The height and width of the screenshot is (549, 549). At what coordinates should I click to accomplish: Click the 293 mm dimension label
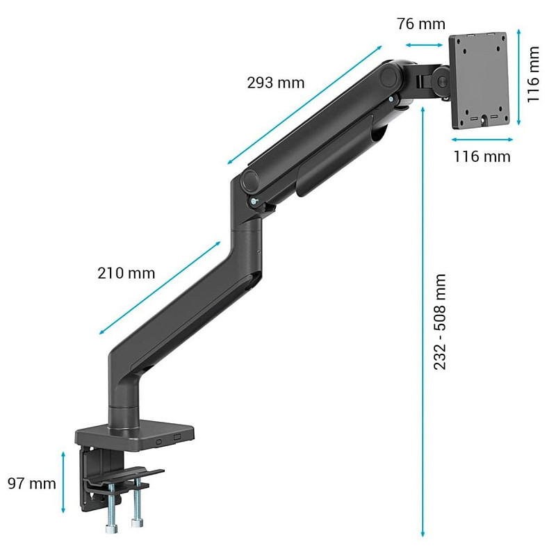pyautogui.click(x=276, y=83)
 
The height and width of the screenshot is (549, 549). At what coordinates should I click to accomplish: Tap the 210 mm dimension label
pyautogui.click(x=126, y=273)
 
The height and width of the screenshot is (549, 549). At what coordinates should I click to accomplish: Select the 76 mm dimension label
pyautogui.click(x=421, y=24)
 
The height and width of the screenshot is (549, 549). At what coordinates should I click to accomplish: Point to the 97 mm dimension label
pyautogui.click(x=31, y=484)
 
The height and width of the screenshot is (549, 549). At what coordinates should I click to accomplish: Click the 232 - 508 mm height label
pyautogui.click(x=439, y=322)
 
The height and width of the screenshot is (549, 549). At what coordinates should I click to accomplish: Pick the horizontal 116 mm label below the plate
pyautogui.click(x=482, y=156)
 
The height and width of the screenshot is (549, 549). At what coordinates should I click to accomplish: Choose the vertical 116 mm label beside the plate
pyautogui.click(x=533, y=74)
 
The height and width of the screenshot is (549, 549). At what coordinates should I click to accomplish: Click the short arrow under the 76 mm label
pyautogui.click(x=424, y=45)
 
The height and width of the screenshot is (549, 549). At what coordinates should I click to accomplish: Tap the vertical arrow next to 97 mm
pyautogui.click(x=63, y=482)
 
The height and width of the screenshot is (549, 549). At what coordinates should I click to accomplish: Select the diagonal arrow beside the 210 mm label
pyautogui.click(x=160, y=288)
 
